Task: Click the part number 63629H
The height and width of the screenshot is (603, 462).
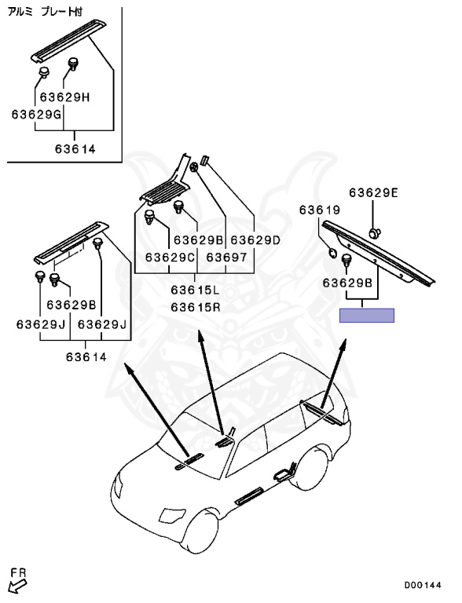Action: pos(64,97)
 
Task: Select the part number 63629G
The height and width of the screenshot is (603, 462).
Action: pos(37,114)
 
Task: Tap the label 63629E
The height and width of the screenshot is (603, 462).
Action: pos(374,192)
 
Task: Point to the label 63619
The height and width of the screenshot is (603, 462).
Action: pos(320,210)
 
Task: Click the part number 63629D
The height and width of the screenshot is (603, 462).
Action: pos(255,240)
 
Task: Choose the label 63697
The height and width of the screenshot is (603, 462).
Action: pos(226,257)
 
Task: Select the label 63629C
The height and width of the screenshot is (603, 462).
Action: pos(170,257)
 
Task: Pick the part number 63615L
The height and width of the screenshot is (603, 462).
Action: pos(195,290)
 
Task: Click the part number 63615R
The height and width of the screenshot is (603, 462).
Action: pos(196,307)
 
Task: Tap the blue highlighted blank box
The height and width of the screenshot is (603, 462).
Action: pos(366,316)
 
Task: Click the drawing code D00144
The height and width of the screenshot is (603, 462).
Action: pos(423,585)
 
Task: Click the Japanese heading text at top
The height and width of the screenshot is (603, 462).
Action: pos(45,12)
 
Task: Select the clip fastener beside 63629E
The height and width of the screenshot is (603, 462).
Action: pos(375,232)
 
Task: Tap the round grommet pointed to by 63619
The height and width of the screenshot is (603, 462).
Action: pos(332,252)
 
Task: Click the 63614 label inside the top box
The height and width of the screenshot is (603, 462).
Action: pos(75,149)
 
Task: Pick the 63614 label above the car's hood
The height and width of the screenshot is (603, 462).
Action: pos(86,357)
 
